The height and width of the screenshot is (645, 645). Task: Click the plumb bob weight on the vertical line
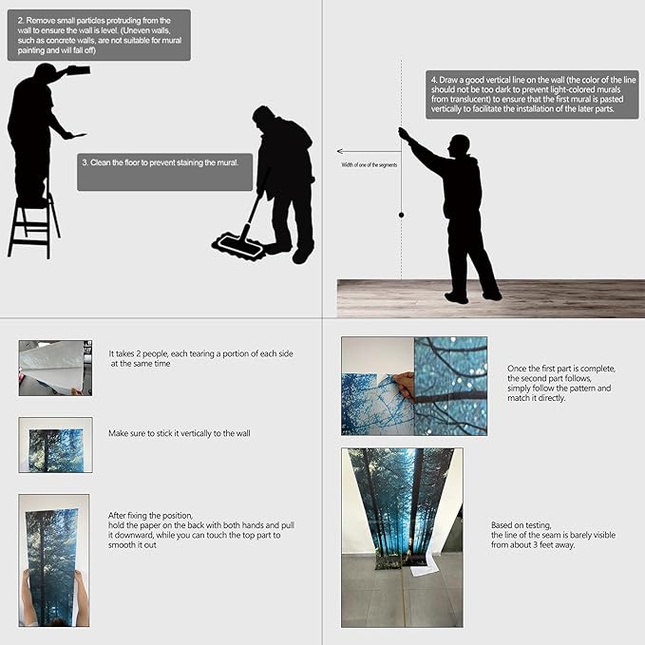click(x=401, y=216)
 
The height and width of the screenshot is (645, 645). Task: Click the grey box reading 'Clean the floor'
click(x=164, y=172)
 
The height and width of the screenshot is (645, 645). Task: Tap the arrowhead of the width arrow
click(x=340, y=151)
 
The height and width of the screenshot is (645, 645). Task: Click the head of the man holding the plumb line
click(x=459, y=145)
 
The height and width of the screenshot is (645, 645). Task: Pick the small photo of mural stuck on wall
click(x=55, y=445)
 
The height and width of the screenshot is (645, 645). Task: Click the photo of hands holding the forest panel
click(x=54, y=560)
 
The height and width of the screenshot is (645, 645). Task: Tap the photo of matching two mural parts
click(x=413, y=385)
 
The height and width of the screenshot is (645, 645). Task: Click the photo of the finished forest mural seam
click(x=402, y=537)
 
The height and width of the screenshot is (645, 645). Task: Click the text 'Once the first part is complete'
click(x=561, y=369)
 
